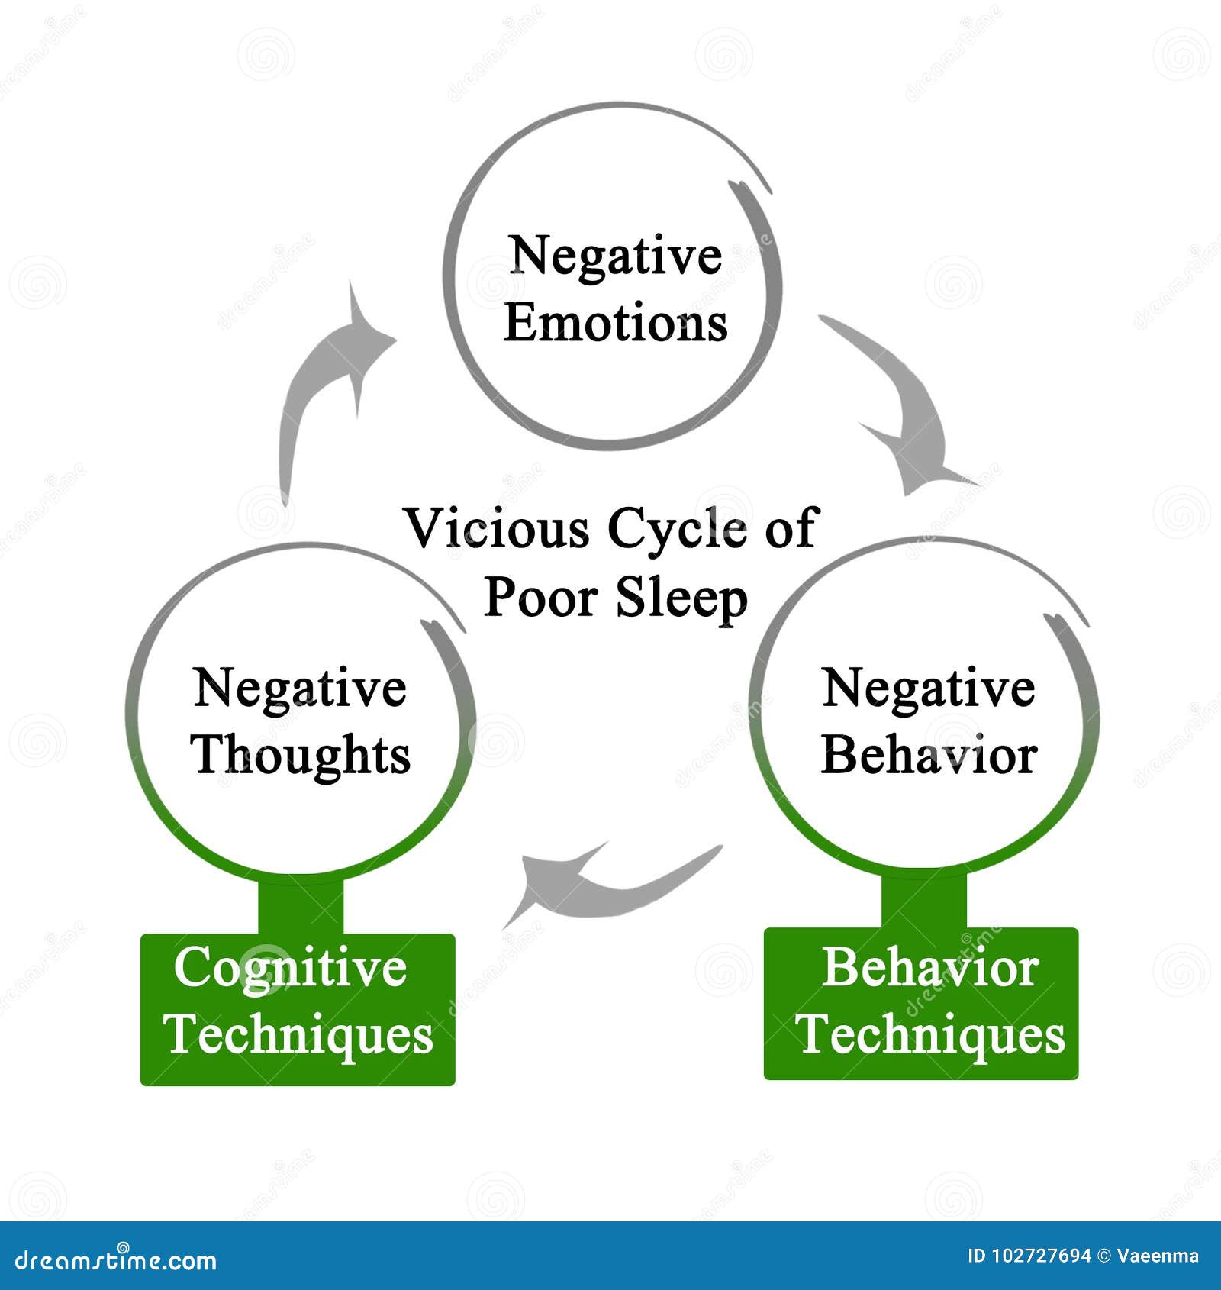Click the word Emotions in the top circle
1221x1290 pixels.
615,323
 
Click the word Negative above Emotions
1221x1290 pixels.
615,256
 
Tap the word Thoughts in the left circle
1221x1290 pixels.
301,755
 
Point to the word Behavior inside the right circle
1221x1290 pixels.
929,755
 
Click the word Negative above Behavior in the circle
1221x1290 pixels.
928,688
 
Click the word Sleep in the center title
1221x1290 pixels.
681,598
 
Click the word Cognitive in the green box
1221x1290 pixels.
290,968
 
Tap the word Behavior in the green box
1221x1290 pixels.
929,968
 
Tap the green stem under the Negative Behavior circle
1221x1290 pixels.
923,901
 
